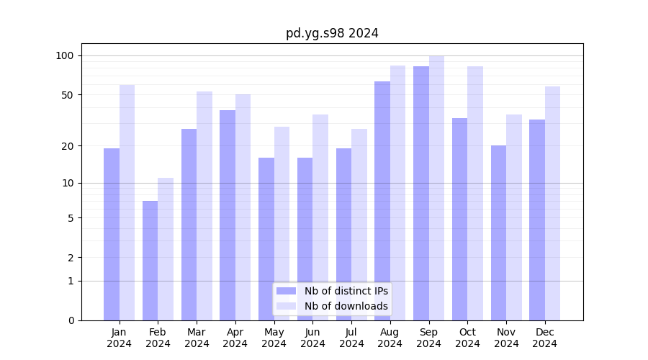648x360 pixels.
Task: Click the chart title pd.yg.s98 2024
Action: pyautogui.click(x=332, y=33)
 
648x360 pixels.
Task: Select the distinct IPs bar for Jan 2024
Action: pyautogui.click(x=112, y=234)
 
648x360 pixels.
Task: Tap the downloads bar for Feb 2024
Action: pyautogui.click(x=166, y=248)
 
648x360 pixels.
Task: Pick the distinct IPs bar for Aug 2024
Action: pyautogui.click(x=382, y=201)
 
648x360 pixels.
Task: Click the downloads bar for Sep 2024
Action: pyautogui.click(x=436, y=188)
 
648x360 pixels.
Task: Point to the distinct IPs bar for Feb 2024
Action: pyautogui.click(x=150, y=261)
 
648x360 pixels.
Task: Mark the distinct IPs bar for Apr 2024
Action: pyautogui.click(x=228, y=215)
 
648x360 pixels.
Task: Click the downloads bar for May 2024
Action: pyautogui.click(x=282, y=223)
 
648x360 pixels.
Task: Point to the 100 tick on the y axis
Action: pyautogui.click(x=65, y=56)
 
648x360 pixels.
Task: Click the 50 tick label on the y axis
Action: pyautogui.click(x=68, y=95)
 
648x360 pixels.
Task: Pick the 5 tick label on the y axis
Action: pyautogui.click(x=71, y=218)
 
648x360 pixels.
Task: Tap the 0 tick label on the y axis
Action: pyautogui.click(x=71, y=320)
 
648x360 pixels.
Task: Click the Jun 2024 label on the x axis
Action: pyautogui.click(x=312, y=338)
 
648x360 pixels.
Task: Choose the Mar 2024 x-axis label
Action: pyautogui.click(x=197, y=338)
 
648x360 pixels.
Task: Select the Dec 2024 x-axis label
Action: pyautogui.click(x=545, y=338)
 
